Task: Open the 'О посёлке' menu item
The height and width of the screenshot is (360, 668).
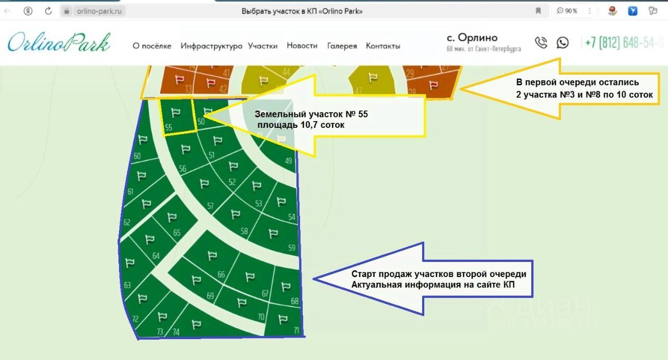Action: point(152,46)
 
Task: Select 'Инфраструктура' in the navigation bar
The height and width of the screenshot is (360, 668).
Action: point(211,46)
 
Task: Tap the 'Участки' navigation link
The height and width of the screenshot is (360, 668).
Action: point(263,46)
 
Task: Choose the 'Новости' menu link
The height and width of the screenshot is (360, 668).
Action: point(302,46)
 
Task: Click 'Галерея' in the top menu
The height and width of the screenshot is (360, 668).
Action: point(342,46)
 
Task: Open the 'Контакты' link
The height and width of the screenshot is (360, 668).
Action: point(383,46)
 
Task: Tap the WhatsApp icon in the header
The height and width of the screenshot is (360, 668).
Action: point(563,43)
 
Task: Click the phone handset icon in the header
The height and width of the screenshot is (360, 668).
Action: point(541,43)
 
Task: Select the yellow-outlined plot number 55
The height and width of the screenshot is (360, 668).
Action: point(177,117)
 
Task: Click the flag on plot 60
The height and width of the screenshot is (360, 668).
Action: point(142,139)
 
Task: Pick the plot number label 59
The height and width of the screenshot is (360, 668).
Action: point(292,248)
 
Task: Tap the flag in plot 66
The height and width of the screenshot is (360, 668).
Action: point(212,256)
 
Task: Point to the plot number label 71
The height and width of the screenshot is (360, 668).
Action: point(296,331)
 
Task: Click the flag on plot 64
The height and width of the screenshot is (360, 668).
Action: point(150,239)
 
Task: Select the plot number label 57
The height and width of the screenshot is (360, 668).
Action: point(210,206)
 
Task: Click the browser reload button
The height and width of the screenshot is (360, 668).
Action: point(49,10)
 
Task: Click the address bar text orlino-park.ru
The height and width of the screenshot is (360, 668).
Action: point(99,10)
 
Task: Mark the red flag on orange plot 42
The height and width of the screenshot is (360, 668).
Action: point(211,82)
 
